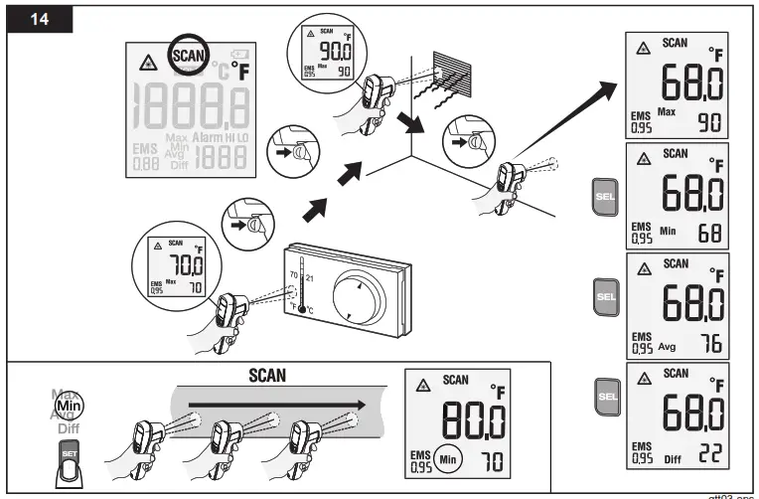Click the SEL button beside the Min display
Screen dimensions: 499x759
(x=603, y=193)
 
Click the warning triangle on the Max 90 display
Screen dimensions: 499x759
(x=643, y=46)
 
